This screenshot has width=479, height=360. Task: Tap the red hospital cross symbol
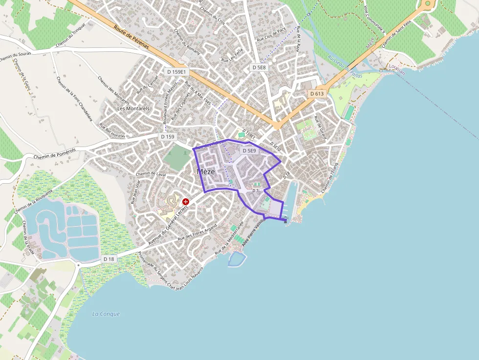tap(186, 201)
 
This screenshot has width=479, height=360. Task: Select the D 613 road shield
tap(317, 93)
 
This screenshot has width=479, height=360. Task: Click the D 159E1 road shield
tap(176, 72)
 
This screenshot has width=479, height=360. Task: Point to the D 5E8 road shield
tap(259, 67)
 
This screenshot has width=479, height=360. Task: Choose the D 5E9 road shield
tap(248, 151)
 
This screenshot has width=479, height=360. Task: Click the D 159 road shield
tap(167, 137)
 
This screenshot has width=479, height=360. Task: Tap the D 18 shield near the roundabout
tap(109, 259)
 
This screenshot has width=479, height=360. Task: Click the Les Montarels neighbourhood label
tap(133, 108)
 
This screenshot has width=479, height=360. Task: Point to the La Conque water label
tap(106, 314)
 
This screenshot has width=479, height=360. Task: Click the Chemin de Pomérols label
tap(56, 153)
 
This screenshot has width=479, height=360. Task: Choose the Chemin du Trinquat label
tap(71, 37)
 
